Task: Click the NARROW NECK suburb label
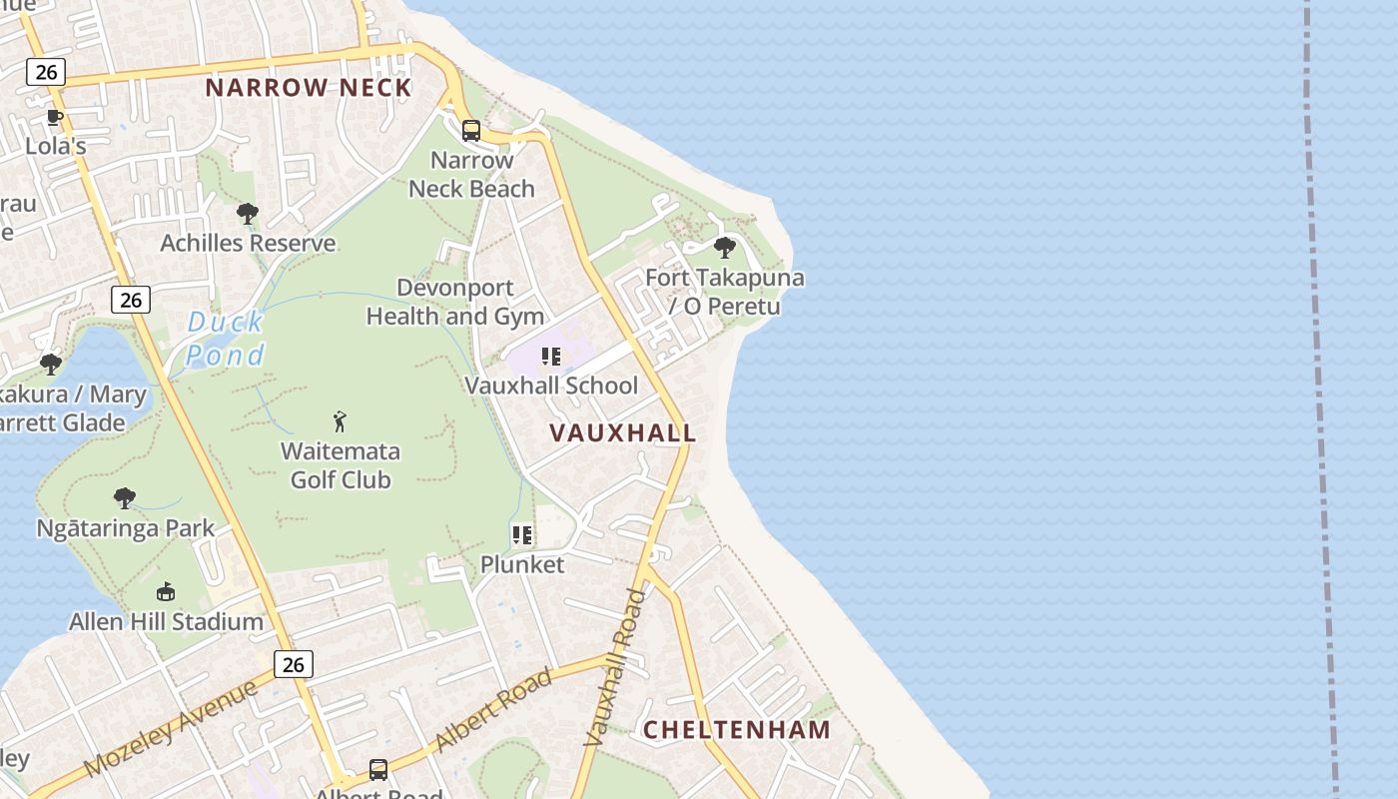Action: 309,88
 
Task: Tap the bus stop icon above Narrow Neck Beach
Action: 471,130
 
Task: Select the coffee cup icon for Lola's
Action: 55,118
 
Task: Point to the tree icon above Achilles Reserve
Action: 248,214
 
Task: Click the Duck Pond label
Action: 226,339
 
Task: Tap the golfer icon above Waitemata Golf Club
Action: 340,421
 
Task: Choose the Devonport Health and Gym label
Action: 455,302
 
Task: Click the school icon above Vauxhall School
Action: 550,357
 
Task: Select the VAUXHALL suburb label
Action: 623,433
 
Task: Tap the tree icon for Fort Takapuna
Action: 725,248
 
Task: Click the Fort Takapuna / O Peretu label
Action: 725,292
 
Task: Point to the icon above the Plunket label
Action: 522,535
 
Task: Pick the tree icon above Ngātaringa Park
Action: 125,498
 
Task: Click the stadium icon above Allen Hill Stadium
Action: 166,592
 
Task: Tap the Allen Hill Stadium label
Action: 166,621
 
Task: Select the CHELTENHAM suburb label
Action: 737,729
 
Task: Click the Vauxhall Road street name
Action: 615,669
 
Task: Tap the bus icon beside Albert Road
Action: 378,769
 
